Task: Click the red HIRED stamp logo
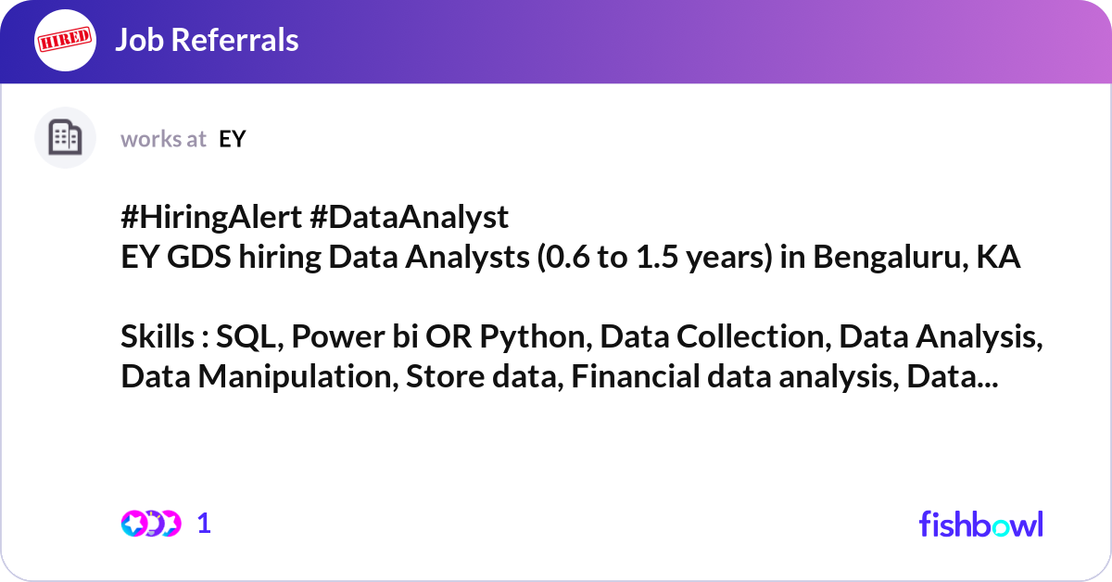(x=65, y=40)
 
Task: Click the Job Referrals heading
(x=207, y=40)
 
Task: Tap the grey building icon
(x=65, y=137)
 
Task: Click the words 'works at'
(x=163, y=139)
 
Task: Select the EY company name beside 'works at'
(x=233, y=139)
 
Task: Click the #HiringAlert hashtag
(x=211, y=217)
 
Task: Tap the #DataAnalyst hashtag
(x=409, y=218)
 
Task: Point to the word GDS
(x=198, y=257)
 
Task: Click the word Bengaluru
(x=891, y=258)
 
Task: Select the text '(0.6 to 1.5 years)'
(x=655, y=258)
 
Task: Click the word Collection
(x=753, y=336)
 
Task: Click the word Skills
(x=158, y=336)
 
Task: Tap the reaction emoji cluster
(x=151, y=524)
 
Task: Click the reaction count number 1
(x=204, y=524)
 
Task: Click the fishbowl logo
(x=981, y=524)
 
